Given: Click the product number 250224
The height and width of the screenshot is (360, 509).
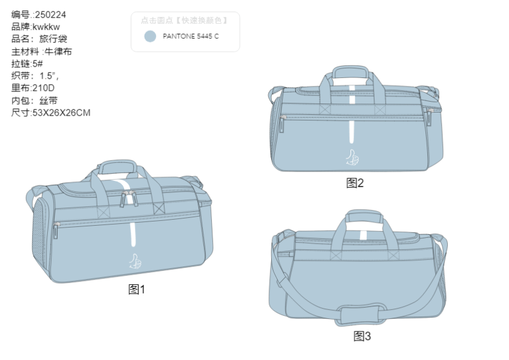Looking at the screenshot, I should [50, 15].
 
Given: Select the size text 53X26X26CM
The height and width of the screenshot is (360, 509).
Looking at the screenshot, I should [60, 113].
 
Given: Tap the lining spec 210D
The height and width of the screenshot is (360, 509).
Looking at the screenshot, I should [43, 88].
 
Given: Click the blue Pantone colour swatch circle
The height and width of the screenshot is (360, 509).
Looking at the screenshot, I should [150, 36].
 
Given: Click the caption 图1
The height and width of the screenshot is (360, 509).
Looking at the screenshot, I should [137, 289].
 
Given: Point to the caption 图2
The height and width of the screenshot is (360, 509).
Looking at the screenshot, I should [355, 183].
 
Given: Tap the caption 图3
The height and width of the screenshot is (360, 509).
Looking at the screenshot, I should [362, 336].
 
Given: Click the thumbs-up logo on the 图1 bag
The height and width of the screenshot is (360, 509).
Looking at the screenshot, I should [135, 261].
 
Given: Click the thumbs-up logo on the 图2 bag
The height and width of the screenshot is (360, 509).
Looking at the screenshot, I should [352, 157].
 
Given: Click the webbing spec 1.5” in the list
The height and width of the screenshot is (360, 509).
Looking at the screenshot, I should [48, 76].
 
